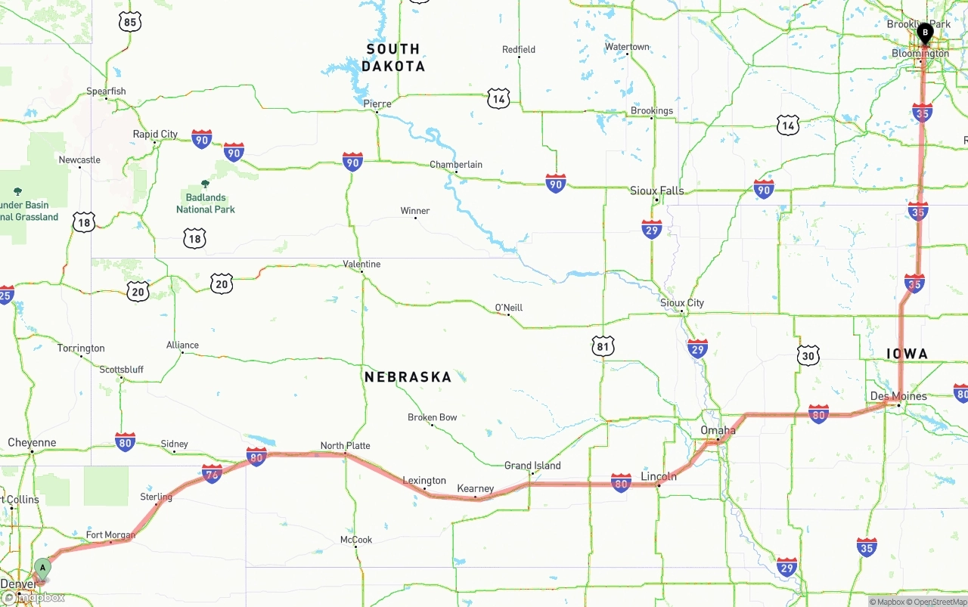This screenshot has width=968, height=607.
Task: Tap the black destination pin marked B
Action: point(924,33)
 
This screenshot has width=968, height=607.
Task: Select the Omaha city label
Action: point(718,430)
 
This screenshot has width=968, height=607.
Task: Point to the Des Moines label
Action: point(898,396)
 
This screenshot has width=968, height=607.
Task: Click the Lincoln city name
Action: point(658,476)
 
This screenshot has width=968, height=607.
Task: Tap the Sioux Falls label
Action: point(656,190)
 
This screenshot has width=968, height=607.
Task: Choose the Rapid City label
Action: point(155,134)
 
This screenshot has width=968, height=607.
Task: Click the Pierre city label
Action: point(377,104)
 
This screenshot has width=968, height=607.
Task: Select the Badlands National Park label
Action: point(206,204)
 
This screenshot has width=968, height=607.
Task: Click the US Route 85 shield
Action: point(130,22)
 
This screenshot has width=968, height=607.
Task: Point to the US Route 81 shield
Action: point(603,347)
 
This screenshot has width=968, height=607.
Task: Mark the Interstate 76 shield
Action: point(213,474)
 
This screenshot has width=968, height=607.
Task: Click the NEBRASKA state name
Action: point(408,376)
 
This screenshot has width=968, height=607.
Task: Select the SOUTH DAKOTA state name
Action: point(393,57)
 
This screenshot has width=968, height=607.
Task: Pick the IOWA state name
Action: point(907,354)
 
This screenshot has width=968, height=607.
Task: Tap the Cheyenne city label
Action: point(32,442)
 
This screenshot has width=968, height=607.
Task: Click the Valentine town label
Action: point(361,264)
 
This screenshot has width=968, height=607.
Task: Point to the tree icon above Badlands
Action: point(206,184)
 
